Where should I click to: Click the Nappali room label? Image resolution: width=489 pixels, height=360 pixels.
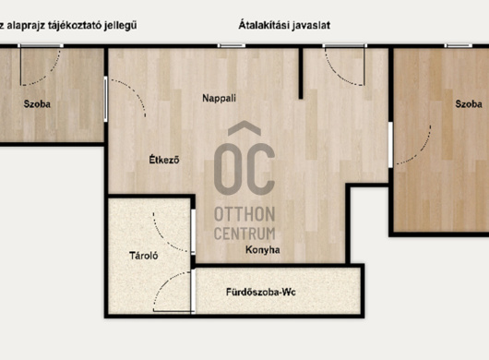pyautogui.click(x=219, y=98)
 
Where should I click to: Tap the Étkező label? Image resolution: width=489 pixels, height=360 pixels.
pyautogui.click(x=164, y=160)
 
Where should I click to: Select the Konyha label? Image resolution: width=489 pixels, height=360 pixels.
pyautogui.click(x=263, y=250)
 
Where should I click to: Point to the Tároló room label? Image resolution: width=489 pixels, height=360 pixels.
pyautogui.click(x=143, y=256)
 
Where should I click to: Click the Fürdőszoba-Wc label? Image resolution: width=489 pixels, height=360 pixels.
pyautogui.click(x=261, y=293)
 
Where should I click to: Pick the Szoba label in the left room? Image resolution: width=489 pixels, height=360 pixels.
pyautogui.click(x=37, y=104)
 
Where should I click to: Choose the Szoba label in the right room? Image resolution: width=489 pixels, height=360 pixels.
pyautogui.click(x=469, y=104)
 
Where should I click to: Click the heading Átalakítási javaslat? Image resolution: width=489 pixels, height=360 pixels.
pyautogui.click(x=284, y=25)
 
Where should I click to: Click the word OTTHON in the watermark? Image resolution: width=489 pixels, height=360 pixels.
pyautogui.click(x=244, y=214)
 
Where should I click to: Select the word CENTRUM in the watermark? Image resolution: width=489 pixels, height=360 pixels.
pyautogui.click(x=244, y=234)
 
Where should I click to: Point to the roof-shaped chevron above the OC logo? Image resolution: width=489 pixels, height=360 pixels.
pyautogui.click(x=244, y=128)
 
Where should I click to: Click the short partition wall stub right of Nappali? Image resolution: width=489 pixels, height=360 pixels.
pyautogui.click(x=301, y=73)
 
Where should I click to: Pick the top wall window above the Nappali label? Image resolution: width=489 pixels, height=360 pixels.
pyautogui.click(x=231, y=45)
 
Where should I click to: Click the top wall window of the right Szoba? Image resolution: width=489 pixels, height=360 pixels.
pyautogui.click(x=459, y=45)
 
